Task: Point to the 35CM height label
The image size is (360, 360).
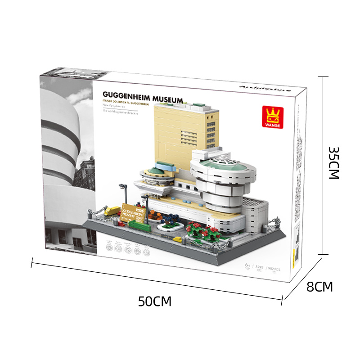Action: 333,163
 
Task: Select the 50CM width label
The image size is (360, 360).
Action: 155,301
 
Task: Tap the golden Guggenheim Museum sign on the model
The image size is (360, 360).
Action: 135,211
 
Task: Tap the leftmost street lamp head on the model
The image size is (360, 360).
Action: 121,186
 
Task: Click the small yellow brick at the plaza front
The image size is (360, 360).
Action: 178,239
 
